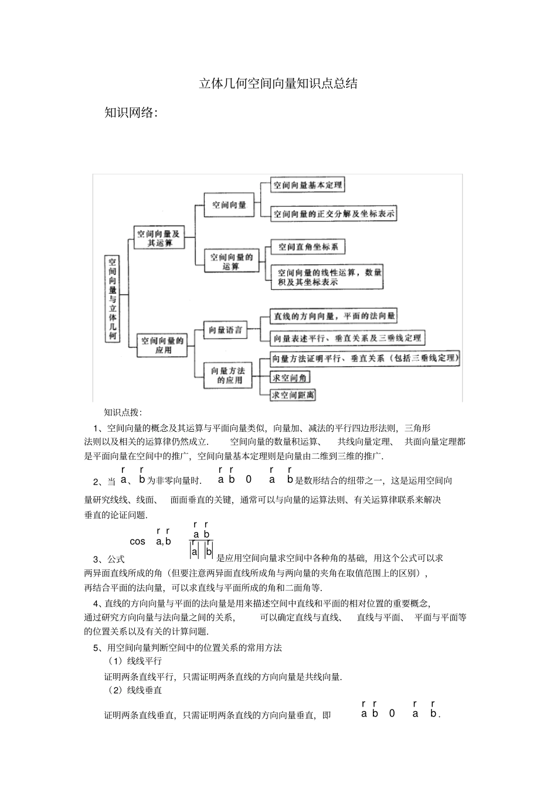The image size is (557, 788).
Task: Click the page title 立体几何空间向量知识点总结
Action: pyautogui.click(x=278, y=84)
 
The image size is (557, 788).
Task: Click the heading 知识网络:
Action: pyautogui.click(x=131, y=113)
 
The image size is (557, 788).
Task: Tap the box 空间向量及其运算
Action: pyautogui.click(x=159, y=238)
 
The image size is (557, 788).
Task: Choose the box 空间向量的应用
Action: pyautogui.click(x=162, y=344)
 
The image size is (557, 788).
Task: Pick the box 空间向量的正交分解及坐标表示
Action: pyautogui.click(x=333, y=214)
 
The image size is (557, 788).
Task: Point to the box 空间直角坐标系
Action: pyautogui.click(x=308, y=247)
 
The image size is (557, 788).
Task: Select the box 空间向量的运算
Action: pyautogui.click(x=231, y=261)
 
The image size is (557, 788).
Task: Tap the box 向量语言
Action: pyautogui.click(x=226, y=330)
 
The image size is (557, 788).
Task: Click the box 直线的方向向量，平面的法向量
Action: pyautogui.click(x=333, y=316)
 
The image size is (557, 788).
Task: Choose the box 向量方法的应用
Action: pyautogui.click(x=228, y=375)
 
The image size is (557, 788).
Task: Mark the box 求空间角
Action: pyautogui.click(x=290, y=378)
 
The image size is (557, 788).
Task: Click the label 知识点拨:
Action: pyautogui.click(x=123, y=412)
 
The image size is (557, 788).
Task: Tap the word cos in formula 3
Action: pyautogui.click(x=137, y=541)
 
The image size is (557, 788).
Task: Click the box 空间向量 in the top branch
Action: pyautogui.click(x=229, y=205)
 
